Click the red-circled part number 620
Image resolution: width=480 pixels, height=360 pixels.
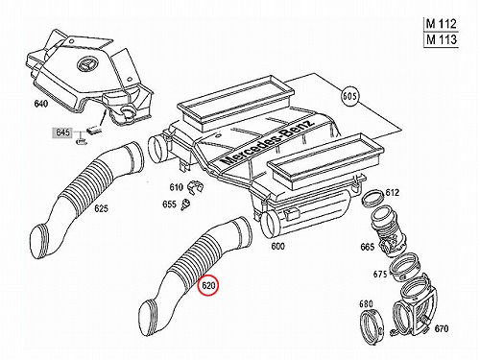tap(208, 285)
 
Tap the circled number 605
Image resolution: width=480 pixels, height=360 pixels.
tap(349, 96)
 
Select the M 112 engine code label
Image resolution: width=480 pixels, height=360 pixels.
tap(441, 24)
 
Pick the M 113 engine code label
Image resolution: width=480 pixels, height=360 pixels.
tap(441, 39)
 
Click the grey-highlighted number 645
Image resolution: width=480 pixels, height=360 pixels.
tap(62, 132)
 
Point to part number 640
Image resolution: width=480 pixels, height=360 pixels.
tap(40, 104)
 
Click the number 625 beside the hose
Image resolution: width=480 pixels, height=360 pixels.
tap(101, 208)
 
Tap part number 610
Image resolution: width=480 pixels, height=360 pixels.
tap(176, 187)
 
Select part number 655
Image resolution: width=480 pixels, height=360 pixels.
tap(169, 204)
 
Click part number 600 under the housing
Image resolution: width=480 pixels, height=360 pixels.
tap(277, 247)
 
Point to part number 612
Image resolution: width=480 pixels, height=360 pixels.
tap(393, 192)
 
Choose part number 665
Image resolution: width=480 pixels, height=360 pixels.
tap(367, 247)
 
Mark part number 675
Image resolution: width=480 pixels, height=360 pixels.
tap(380, 275)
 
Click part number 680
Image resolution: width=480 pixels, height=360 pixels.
tap(366, 303)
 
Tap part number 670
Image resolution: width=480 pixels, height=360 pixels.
tap(442, 328)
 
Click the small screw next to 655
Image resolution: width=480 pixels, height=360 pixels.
tap(185, 204)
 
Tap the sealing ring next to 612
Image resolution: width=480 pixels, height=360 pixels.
tap(372, 198)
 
